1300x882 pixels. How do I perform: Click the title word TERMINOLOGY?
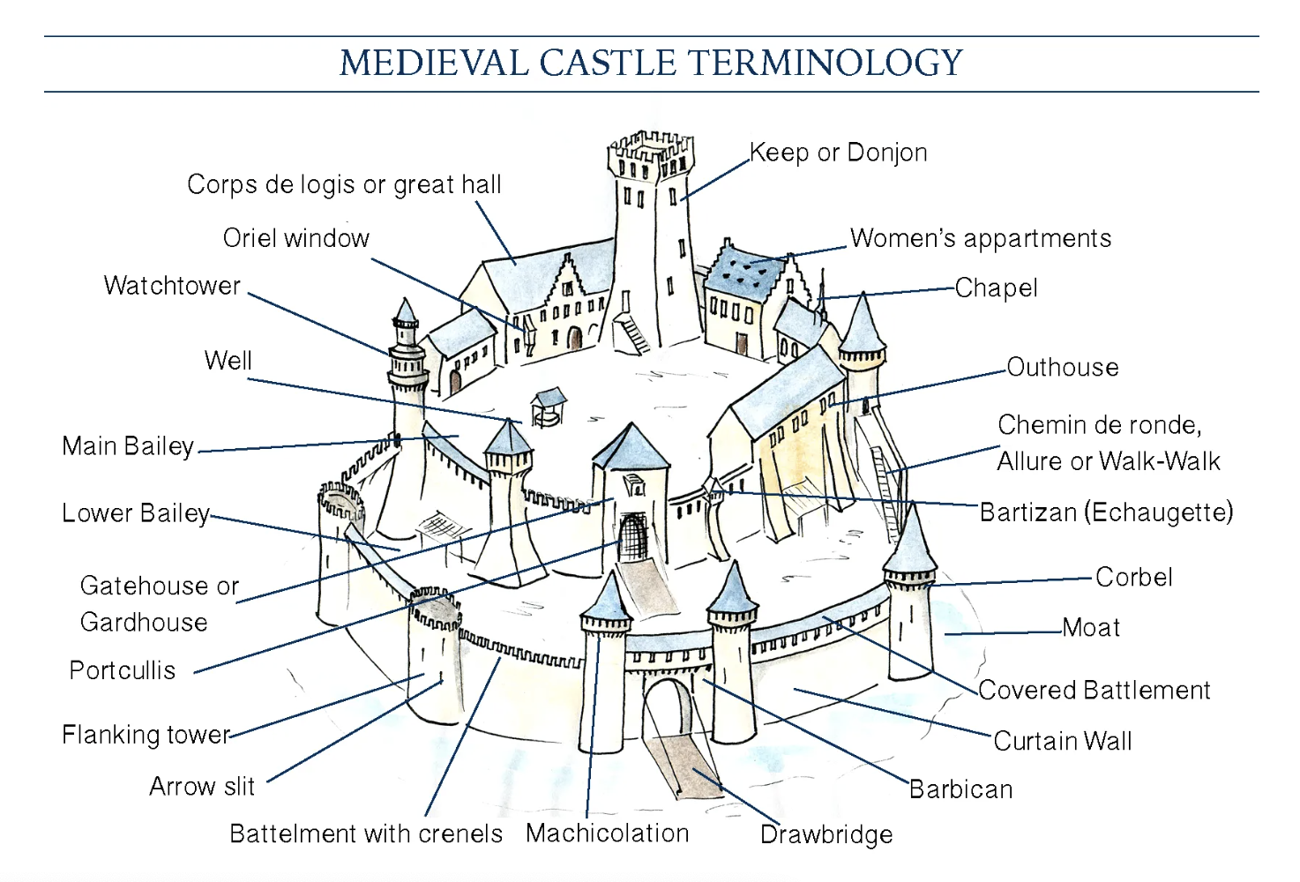pos(825,64)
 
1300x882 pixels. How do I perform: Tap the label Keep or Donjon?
pos(838,153)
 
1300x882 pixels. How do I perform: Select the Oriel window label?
pos(295,238)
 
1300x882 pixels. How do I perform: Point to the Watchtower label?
pos(172,286)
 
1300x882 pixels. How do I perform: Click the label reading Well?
pos(228,361)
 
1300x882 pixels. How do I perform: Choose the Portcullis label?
pos(123,670)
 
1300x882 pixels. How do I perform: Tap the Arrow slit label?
pos(202,786)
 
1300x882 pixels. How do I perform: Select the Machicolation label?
pos(607,833)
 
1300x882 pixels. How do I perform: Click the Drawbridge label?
pos(826,834)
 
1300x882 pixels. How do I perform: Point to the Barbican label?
pos(960,789)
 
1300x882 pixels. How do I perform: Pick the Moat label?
pos(1091,628)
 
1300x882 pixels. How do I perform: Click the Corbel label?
pos(1134,578)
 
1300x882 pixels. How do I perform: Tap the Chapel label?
pos(996,288)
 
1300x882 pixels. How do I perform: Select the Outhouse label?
pos(1063,367)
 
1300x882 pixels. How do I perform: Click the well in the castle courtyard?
pos(547,408)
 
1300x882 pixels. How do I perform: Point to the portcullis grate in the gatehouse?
pos(632,537)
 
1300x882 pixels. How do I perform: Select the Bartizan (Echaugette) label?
pos(1106,512)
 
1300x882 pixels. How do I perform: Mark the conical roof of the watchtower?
pos(405,311)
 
